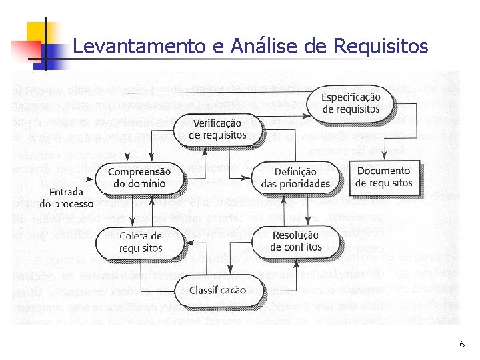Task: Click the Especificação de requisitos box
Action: pyautogui.click(x=351, y=103)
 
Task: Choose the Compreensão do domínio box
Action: pyautogui.click(x=139, y=177)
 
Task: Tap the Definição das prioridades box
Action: pyautogui.click(x=295, y=177)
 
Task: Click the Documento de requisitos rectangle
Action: pyautogui.click(x=384, y=177)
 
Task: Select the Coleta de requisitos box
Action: pyautogui.click(x=141, y=242)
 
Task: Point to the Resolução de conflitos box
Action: pyautogui.click(x=295, y=241)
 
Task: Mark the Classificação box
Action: pyautogui.click(x=217, y=291)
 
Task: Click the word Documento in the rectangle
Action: pyautogui.click(x=384, y=171)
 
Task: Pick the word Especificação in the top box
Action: pyautogui.click(x=351, y=97)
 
